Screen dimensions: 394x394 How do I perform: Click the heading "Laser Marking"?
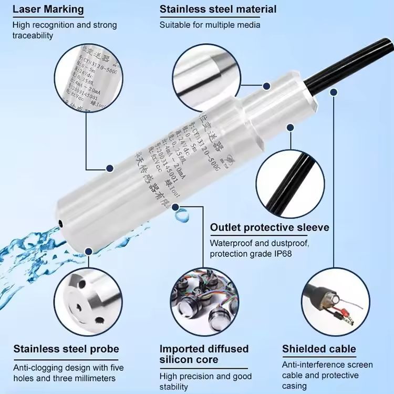pyautogui.click(x=48, y=9)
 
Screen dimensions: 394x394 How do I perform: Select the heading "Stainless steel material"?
pyautogui.click(x=218, y=9)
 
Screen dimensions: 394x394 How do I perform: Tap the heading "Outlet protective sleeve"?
pyautogui.click(x=269, y=227)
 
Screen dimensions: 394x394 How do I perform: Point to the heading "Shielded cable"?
pyautogui.click(x=319, y=349)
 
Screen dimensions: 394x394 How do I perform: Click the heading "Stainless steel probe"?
pyautogui.click(x=66, y=349)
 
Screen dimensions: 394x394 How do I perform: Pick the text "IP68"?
pyautogui.click(x=282, y=254)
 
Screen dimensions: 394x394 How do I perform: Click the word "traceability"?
pyautogui.click(x=33, y=35)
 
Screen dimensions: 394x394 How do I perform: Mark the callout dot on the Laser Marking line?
pyautogui.click(x=110, y=169)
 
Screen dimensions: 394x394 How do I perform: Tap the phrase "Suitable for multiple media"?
pyautogui.click(x=210, y=25)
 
